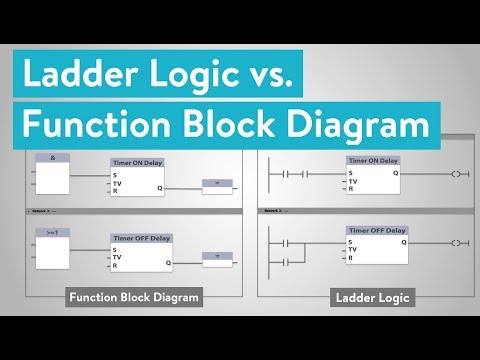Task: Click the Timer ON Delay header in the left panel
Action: (140, 162)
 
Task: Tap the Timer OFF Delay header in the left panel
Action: (140, 238)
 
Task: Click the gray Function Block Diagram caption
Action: (134, 297)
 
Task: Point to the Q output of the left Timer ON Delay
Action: (159, 187)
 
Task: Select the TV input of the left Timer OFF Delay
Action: (117, 257)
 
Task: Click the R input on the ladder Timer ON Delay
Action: (351, 189)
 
